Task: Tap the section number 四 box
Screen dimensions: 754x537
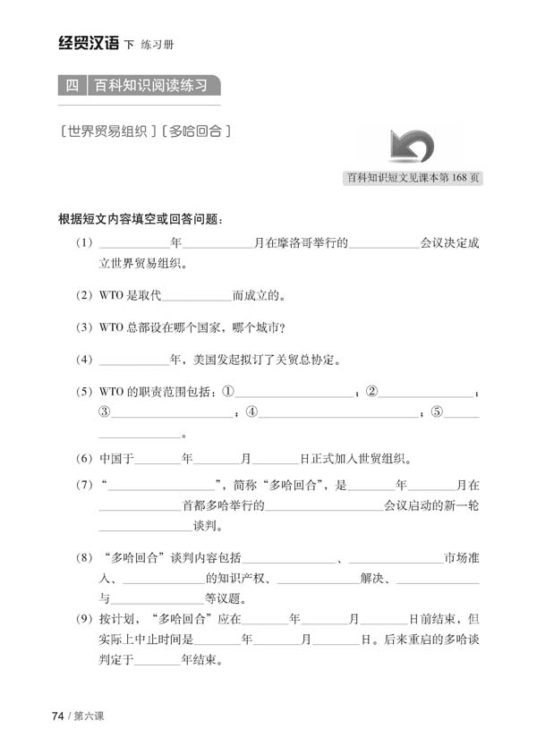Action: click(72, 87)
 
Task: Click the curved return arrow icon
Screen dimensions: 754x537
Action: click(412, 145)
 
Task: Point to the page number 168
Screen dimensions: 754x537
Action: click(448, 177)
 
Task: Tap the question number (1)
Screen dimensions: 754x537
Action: click(84, 243)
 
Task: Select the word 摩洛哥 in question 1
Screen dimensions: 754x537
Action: click(294, 243)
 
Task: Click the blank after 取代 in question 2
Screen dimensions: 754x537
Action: click(198, 296)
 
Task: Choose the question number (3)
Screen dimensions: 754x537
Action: click(84, 327)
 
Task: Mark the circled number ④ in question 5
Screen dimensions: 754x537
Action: click(252, 413)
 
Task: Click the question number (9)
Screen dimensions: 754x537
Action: click(84, 619)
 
